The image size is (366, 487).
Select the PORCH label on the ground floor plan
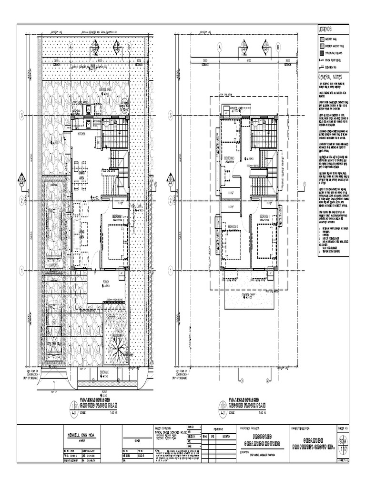[x=106, y=282]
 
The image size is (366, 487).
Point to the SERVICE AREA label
[x=105, y=89]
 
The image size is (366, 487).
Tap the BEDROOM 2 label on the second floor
[x=233, y=226]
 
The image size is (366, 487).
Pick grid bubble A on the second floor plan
[x=220, y=48]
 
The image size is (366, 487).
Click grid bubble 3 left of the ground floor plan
[x=22, y=116]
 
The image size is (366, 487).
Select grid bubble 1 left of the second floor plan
[x=171, y=270]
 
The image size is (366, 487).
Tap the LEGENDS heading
[x=327, y=30]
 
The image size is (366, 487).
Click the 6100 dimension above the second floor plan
[x=248, y=60]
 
